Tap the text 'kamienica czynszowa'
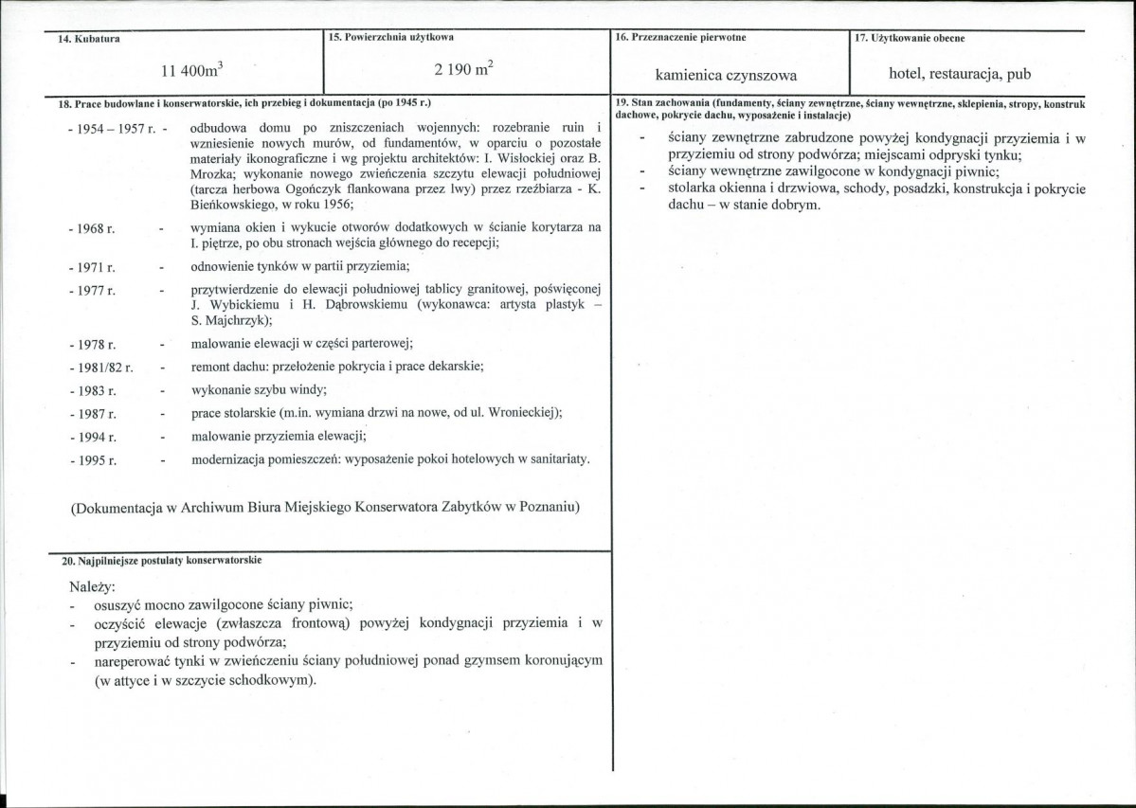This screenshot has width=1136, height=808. click(x=727, y=74)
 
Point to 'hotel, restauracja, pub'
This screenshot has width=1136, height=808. click(x=960, y=74)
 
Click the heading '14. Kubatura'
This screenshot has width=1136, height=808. click(x=89, y=39)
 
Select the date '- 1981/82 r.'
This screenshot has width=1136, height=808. click(x=100, y=367)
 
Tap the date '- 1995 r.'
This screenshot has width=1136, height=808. click(x=93, y=460)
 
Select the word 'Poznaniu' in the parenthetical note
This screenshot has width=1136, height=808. click(x=547, y=507)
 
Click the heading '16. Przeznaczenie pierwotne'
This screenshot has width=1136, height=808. click(x=679, y=38)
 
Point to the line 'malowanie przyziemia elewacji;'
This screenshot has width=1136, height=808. click(x=279, y=436)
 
